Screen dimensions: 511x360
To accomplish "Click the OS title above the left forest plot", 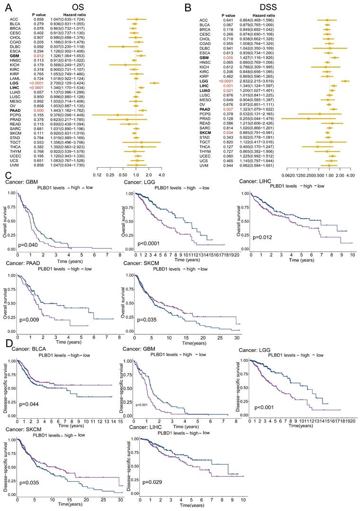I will coord(85,8).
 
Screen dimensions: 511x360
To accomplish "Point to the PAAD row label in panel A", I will coord(14,110).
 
